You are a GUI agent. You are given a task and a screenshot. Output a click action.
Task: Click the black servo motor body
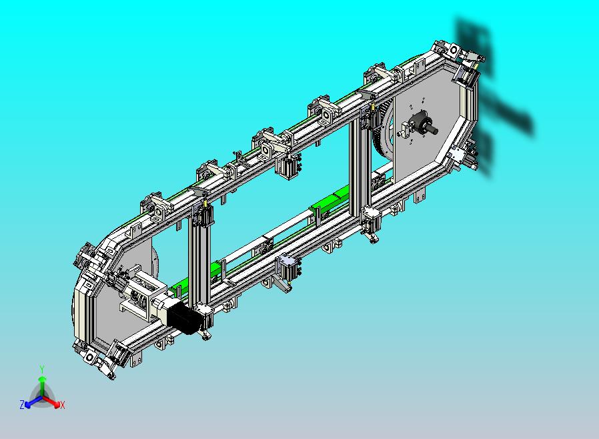184,317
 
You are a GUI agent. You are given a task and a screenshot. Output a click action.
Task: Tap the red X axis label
63,405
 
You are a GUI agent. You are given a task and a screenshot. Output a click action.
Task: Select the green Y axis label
42,369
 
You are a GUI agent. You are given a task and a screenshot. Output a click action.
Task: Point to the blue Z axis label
22,404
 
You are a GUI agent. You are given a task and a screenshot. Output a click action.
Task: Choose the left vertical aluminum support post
199,256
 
